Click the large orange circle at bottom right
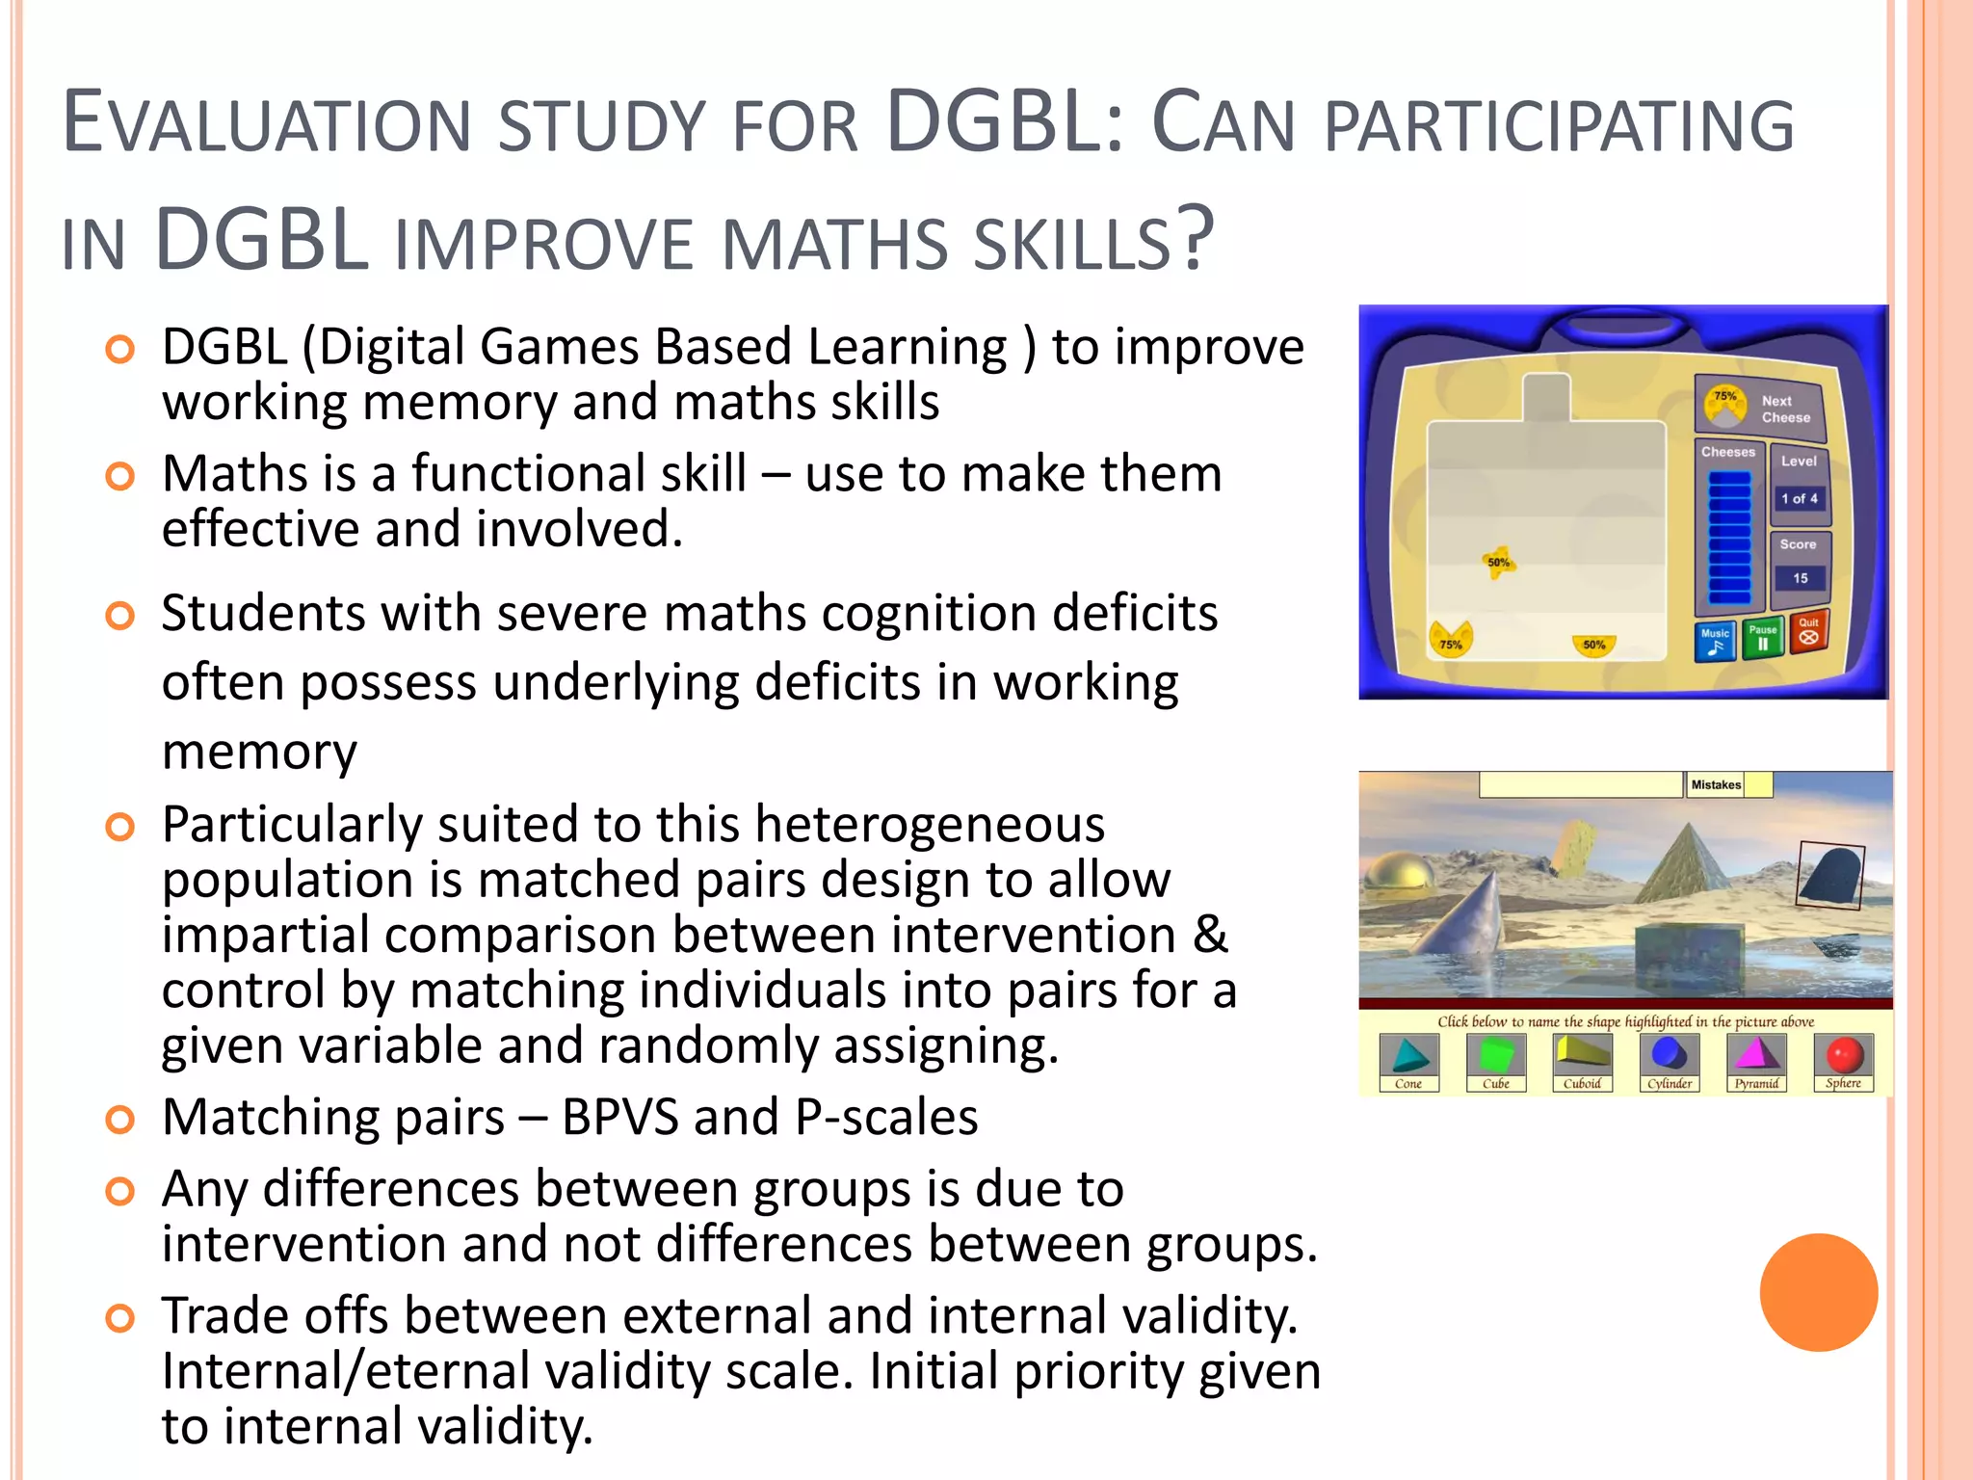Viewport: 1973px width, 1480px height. (x=1818, y=1292)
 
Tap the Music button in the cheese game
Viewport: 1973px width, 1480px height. (x=1715, y=641)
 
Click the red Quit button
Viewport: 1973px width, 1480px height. (x=1808, y=632)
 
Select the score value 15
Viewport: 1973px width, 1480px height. (x=1800, y=578)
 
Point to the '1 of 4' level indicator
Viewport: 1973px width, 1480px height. (x=1799, y=498)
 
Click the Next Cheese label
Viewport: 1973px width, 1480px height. (x=1784, y=410)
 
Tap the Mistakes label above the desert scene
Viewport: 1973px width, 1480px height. (x=1716, y=784)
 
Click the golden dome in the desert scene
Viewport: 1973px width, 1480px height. (x=1399, y=872)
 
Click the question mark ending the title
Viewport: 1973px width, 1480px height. (x=1196, y=239)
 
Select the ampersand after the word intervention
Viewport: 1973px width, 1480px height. (x=1210, y=935)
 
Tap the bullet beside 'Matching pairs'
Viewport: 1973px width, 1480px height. (x=119, y=1120)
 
